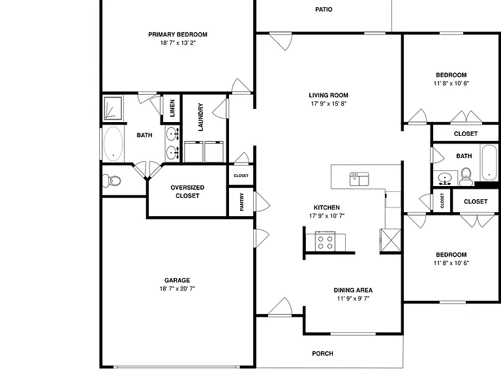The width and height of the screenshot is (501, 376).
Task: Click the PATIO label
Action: click(324, 10)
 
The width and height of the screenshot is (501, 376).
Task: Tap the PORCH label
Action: click(322, 354)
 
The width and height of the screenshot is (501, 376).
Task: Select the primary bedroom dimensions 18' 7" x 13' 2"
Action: click(177, 43)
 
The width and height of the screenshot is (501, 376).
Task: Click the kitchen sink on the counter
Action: click(359, 179)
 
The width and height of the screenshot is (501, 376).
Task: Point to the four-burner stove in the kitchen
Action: click(325, 241)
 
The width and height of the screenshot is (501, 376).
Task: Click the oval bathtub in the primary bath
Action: click(113, 144)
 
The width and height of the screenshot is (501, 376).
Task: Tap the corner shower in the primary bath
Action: click(113, 108)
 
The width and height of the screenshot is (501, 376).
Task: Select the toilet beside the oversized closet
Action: click(112, 181)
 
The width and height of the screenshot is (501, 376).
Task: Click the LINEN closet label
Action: click(172, 108)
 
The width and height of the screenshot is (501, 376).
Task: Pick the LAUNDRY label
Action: click(201, 117)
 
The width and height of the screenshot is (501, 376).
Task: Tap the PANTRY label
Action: click(241, 202)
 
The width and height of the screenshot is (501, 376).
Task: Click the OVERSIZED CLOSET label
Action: click(187, 191)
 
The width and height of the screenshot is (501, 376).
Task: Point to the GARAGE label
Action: click(177, 281)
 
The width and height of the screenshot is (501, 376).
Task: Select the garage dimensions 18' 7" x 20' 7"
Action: click(177, 289)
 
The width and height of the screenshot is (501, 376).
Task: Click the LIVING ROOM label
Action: click(329, 95)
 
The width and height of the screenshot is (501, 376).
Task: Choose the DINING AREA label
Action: click(353, 290)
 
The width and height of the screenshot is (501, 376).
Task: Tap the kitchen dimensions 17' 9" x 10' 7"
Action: click(327, 216)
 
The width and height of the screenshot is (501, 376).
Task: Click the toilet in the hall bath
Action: click(466, 177)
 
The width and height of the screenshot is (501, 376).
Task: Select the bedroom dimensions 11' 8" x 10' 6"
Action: click(451, 263)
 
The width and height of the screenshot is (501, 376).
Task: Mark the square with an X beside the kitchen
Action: click(390, 240)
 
